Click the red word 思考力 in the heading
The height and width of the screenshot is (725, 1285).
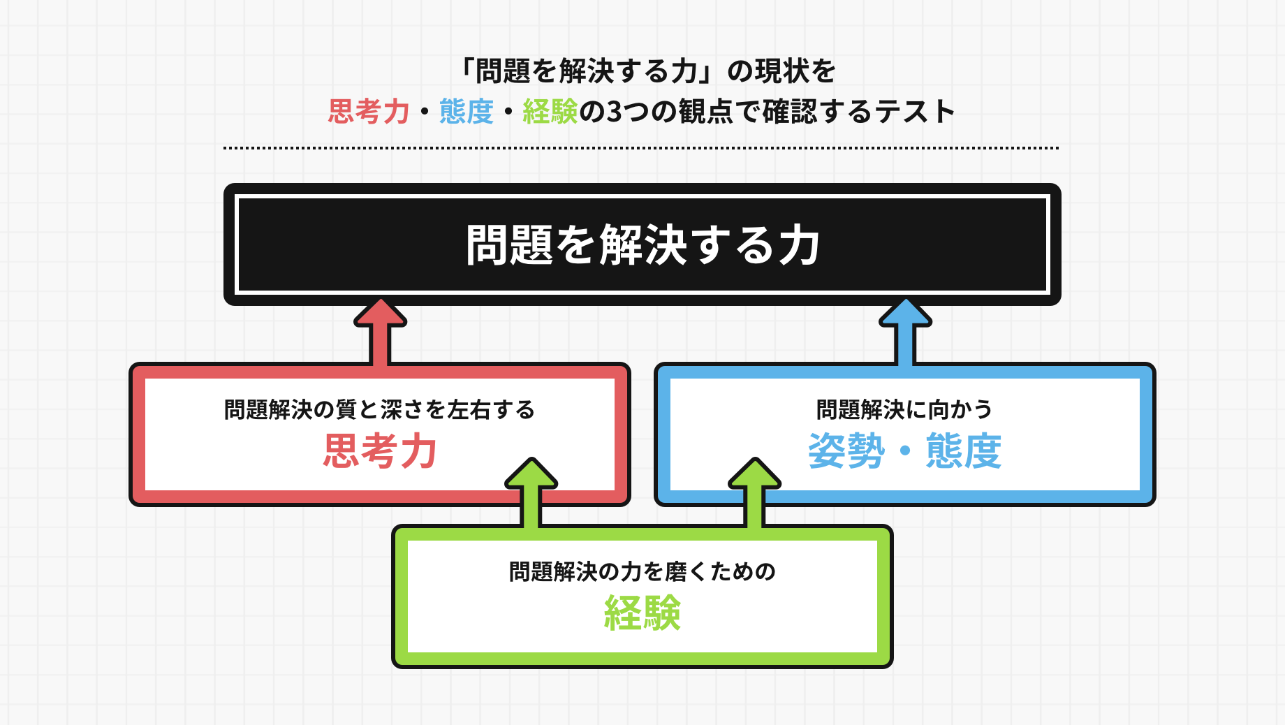point(369,112)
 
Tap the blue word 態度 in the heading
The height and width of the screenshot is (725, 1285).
point(467,112)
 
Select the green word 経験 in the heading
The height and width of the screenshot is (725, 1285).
point(550,112)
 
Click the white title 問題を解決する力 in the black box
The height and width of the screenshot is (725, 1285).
point(642,245)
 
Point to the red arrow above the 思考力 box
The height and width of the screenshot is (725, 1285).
point(380,332)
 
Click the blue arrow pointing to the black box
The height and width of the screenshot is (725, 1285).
point(905,332)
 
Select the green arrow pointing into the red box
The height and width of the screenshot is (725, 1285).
point(531,492)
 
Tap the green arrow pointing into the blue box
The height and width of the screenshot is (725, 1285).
point(754,492)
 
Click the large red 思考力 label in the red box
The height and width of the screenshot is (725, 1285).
point(380,451)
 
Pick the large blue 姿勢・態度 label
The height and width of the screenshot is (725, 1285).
point(905,451)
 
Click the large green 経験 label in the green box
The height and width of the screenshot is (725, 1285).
point(642,613)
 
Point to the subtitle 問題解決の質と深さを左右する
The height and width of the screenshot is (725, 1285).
point(380,409)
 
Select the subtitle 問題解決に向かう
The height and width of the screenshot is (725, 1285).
point(905,409)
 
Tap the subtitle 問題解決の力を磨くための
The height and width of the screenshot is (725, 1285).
point(642,571)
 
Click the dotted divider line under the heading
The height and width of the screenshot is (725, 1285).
point(641,148)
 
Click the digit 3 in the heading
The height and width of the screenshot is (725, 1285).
point(614,112)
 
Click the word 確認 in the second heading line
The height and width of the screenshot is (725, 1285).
point(789,112)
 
